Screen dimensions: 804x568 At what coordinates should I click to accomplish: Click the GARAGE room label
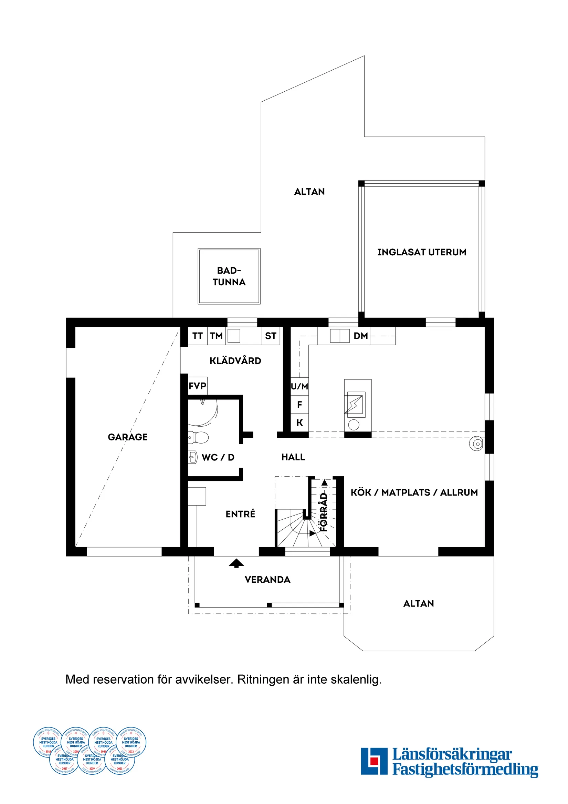[127, 437]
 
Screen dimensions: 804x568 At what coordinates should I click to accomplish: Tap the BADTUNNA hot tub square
[229, 276]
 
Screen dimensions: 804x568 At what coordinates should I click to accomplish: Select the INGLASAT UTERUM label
[421, 252]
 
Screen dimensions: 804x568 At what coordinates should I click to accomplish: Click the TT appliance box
[198, 336]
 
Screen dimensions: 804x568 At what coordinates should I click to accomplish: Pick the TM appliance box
[216, 336]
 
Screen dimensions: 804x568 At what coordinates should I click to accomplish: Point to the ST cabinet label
[270, 336]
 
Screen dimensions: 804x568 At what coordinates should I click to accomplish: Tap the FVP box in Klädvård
[198, 386]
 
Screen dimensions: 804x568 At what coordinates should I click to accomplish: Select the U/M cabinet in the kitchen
[299, 387]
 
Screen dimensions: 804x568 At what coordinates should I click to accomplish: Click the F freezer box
[299, 405]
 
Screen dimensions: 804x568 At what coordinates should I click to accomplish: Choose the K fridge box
[299, 423]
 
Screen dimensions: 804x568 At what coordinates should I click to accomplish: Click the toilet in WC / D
[199, 437]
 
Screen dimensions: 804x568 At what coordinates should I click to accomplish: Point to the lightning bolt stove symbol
[354, 405]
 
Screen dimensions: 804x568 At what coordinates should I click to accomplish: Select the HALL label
[293, 457]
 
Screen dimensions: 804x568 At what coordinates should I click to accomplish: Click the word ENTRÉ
[240, 514]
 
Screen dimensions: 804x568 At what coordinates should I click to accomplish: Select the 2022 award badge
[131, 742]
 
